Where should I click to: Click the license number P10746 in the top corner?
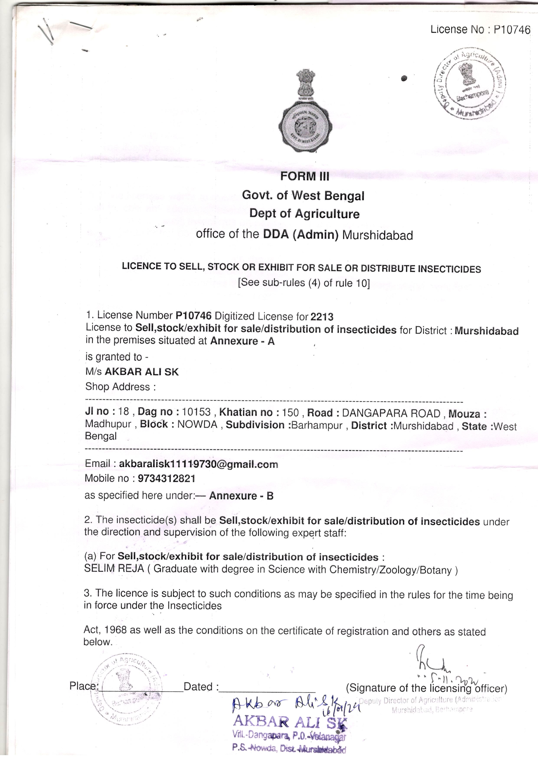click(512, 30)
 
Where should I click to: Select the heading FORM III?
click(305, 176)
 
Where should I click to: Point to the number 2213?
click(322, 317)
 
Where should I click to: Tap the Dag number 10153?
click(196, 412)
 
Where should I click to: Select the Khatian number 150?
click(290, 413)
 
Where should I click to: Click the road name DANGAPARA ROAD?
click(391, 413)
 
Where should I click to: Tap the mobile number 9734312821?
click(166, 479)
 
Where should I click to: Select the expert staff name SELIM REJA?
click(114, 569)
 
